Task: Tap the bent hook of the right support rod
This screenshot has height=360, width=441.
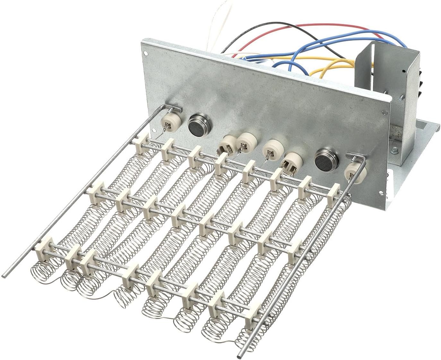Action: click(356, 156)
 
